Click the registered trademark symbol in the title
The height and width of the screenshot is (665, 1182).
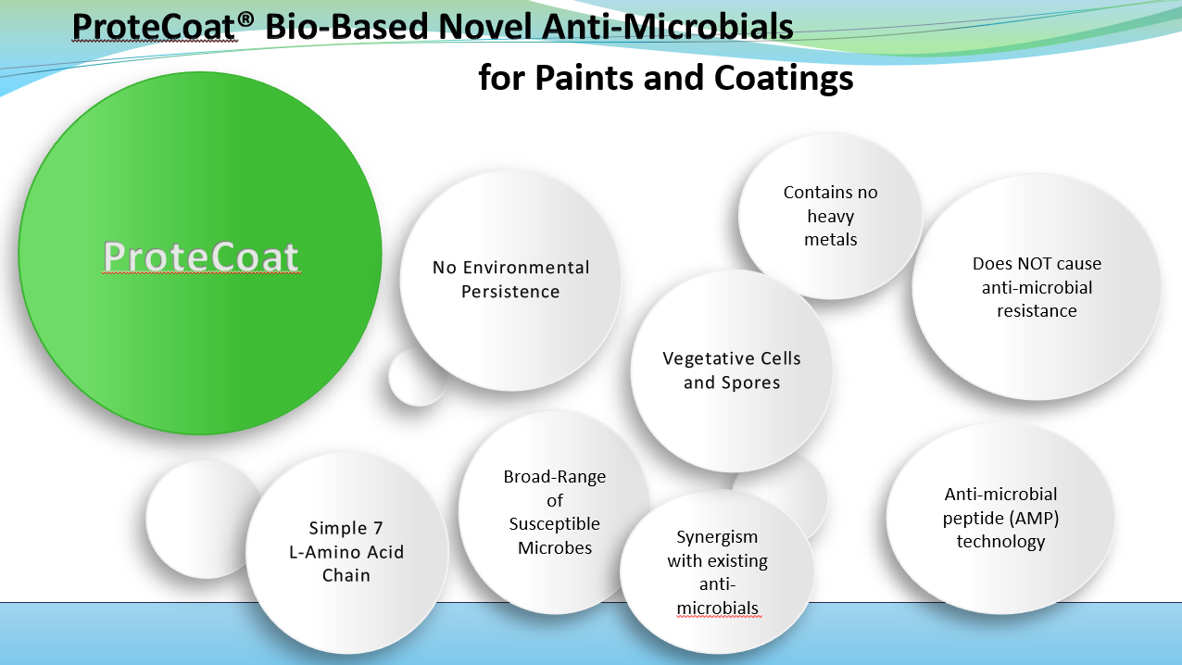coord(245,20)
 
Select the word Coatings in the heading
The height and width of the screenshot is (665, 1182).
coord(784,79)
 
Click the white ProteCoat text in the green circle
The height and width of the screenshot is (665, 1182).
coord(201,257)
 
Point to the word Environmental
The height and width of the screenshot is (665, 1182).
coord(524,268)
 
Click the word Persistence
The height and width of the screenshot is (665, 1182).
coord(510,292)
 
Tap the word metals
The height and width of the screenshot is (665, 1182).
coord(831,240)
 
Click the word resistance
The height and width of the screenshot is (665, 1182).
coord(1037,311)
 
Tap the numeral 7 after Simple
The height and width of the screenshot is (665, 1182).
coord(377,528)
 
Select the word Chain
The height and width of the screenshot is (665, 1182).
coord(346,575)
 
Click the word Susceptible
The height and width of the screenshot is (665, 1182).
coord(555,524)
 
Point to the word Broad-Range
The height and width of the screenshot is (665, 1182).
coord(555,477)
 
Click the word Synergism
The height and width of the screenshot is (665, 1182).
coord(717,537)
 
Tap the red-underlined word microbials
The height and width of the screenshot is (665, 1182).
coord(718,609)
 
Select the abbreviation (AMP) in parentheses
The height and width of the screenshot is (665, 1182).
coord(1032,519)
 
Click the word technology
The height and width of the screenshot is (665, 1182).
coord(1001,542)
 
